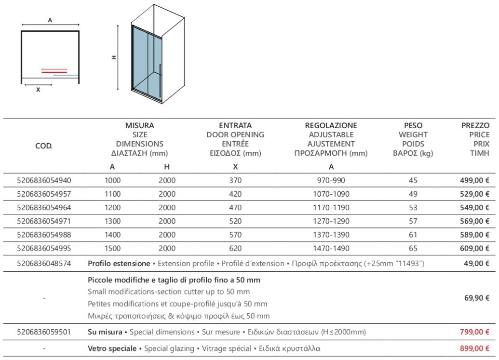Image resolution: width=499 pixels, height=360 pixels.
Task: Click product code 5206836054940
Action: (x=44, y=181)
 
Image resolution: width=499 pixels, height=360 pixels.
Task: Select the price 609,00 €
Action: (x=474, y=249)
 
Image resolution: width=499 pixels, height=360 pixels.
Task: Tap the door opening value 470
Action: (x=235, y=208)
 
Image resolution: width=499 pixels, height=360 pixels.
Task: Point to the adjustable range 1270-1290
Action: (x=331, y=221)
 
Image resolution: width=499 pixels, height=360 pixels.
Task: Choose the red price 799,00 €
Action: (x=474, y=332)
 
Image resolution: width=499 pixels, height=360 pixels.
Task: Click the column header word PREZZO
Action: (x=475, y=126)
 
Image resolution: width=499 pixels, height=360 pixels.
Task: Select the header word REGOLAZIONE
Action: (x=331, y=126)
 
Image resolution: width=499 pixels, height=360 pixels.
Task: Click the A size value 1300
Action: (x=112, y=221)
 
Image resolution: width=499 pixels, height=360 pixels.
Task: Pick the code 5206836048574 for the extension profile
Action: (x=44, y=264)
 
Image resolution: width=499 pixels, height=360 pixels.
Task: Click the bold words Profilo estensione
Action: (x=119, y=264)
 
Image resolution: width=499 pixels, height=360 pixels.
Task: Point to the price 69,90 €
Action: (x=477, y=298)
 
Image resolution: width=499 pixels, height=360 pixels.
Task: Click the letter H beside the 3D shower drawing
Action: (x=114, y=57)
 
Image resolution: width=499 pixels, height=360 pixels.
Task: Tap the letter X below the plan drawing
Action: (x=38, y=90)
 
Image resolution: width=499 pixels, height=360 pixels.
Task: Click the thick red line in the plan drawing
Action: (x=54, y=72)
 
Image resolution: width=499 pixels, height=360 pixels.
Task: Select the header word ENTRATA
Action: (x=235, y=126)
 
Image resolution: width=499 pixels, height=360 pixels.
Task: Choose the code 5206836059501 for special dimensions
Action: (x=44, y=332)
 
